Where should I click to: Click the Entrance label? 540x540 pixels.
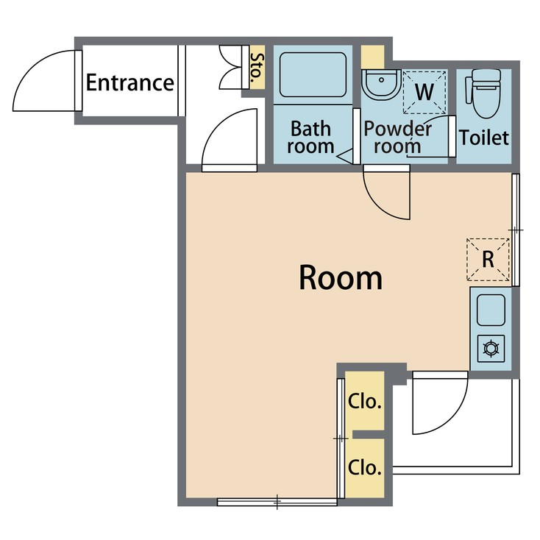coord(129,82)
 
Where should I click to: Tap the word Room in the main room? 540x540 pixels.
coord(341,278)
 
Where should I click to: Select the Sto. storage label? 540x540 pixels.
coord(257,68)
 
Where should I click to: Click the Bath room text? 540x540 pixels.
coord(310,138)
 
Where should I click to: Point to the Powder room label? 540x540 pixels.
coord(397,138)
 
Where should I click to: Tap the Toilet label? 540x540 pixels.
coord(484,137)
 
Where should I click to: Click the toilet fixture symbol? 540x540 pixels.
coord(484,93)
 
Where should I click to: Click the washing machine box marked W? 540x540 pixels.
coord(424,92)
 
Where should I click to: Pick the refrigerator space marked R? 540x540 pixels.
coord(487,259)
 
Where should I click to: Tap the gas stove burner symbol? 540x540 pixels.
coord(491,347)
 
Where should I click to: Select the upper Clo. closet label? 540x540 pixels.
coord(364,402)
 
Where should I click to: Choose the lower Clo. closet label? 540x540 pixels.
coord(364,466)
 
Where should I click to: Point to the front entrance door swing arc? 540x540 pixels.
coord(44,80)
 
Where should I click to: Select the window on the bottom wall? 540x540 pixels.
coord(277,502)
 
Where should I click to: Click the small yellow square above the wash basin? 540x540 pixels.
coord(373,56)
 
